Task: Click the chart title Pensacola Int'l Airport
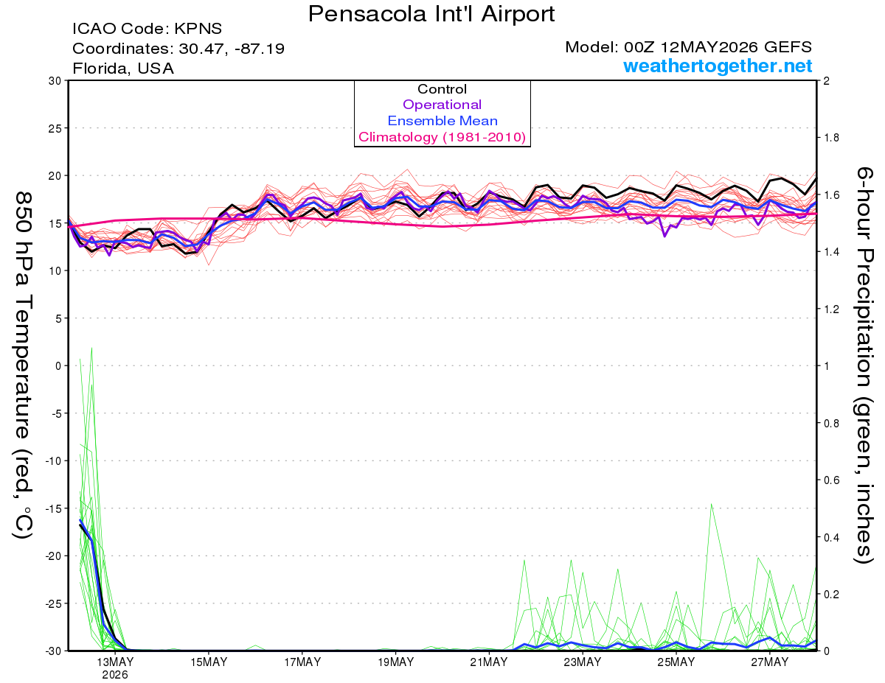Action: (x=431, y=14)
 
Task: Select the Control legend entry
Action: (x=442, y=89)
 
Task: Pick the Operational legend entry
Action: (x=442, y=105)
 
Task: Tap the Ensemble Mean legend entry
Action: (x=442, y=121)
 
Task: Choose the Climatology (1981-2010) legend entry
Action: (x=442, y=137)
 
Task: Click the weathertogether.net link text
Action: (x=718, y=66)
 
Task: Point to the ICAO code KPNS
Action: (x=198, y=29)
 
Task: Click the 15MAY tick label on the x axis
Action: (x=209, y=663)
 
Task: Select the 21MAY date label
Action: (x=489, y=663)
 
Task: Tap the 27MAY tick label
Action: (x=770, y=663)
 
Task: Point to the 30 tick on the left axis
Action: (x=55, y=81)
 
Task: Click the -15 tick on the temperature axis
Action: (x=53, y=508)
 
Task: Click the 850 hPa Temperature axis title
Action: (x=23, y=365)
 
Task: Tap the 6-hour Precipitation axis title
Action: (x=864, y=365)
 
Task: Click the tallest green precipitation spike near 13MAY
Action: (x=91, y=348)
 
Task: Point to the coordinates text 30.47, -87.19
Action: (x=232, y=49)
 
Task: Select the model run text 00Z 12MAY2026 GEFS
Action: (x=718, y=47)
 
